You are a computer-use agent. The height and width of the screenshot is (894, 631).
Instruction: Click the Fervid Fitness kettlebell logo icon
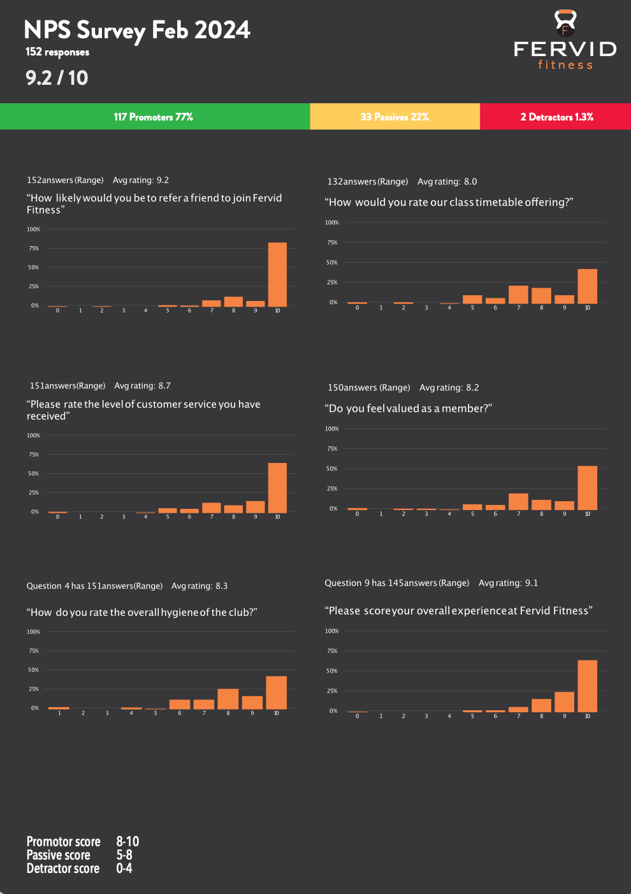565,23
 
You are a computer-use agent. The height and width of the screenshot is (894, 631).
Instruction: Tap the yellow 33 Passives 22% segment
395,117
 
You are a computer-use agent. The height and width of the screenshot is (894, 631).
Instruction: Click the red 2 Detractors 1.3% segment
556,117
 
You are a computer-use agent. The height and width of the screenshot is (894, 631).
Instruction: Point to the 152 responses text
57,52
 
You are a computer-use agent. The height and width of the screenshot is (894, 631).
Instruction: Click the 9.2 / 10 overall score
57,78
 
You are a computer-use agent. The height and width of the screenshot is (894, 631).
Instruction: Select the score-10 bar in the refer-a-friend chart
277,274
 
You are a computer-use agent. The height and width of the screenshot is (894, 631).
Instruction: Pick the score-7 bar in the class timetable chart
518,294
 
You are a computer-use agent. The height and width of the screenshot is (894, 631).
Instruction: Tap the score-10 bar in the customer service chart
277,487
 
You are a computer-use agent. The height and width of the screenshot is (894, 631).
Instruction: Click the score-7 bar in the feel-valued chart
518,501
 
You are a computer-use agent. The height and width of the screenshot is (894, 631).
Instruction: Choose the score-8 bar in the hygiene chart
228,699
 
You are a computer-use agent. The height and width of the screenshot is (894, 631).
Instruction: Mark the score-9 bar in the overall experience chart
564,701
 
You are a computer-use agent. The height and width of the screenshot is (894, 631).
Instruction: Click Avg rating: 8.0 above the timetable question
447,182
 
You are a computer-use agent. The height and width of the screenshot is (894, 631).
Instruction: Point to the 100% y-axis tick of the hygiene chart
33,632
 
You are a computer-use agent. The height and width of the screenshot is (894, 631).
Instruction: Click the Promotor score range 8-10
127,842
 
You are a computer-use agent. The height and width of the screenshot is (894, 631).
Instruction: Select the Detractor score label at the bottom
63,868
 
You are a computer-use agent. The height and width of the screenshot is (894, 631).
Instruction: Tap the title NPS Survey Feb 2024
137,30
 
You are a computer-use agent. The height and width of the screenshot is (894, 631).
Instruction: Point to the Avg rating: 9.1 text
508,583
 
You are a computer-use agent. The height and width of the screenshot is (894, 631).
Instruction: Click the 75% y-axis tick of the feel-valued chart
332,449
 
